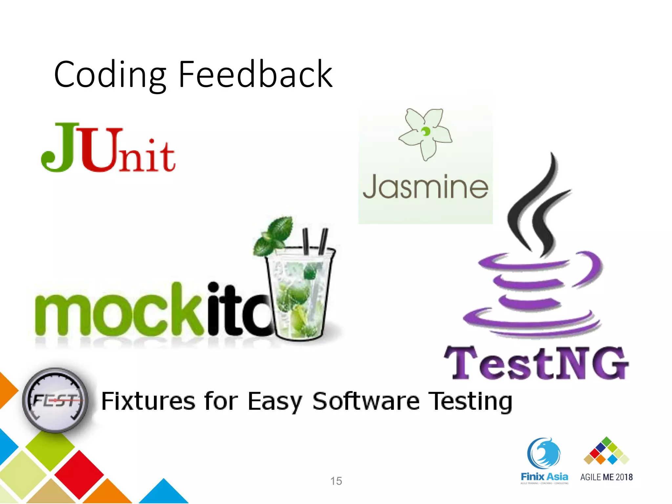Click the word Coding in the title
pos(110,75)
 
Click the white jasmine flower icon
pos(425,133)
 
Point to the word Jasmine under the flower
pos(425,187)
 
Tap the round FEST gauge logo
pos(55,400)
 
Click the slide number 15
pos(336,481)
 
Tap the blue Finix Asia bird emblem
pos(544,453)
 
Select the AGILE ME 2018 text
pos(606,477)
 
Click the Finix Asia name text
pos(544,476)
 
